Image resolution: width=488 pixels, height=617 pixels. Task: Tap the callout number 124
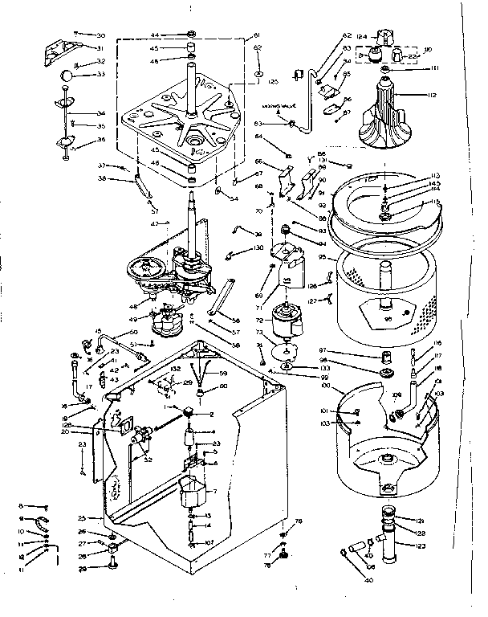(x=362, y=35)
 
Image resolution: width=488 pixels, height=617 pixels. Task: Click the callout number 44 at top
(x=155, y=35)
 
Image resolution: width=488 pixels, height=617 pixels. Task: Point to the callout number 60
(x=224, y=386)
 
